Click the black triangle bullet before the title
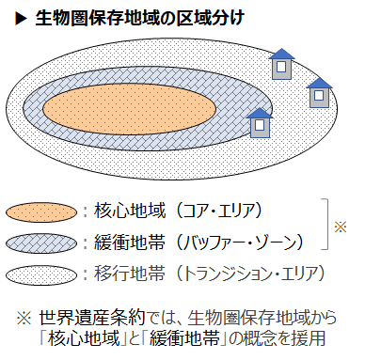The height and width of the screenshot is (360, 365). [22, 19]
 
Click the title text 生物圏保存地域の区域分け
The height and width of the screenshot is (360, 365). [139, 18]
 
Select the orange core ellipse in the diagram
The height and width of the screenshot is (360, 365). [129, 109]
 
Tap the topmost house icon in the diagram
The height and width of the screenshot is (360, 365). [282, 64]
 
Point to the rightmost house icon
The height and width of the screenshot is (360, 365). [319, 93]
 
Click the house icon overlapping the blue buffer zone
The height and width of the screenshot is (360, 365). [260, 123]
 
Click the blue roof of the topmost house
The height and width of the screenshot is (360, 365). [282, 54]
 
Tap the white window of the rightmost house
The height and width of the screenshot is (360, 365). [319, 95]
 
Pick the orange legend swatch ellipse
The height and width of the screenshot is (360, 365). [41, 212]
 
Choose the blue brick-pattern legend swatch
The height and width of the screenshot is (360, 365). [41, 243]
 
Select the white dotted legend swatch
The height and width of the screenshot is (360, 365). [41, 274]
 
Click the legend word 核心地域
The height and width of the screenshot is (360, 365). [129, 211]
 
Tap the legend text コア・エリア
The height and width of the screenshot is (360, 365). [218, 211]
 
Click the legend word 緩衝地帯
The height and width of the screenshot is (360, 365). [129, 242]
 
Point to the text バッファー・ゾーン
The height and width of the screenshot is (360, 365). [239, 243]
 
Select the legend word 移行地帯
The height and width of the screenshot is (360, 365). [129, 274]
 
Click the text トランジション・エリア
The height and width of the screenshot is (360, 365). [250, 274]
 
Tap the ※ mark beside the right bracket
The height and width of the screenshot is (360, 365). [341, 227]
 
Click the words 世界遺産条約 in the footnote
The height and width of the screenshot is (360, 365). [92, 318]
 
